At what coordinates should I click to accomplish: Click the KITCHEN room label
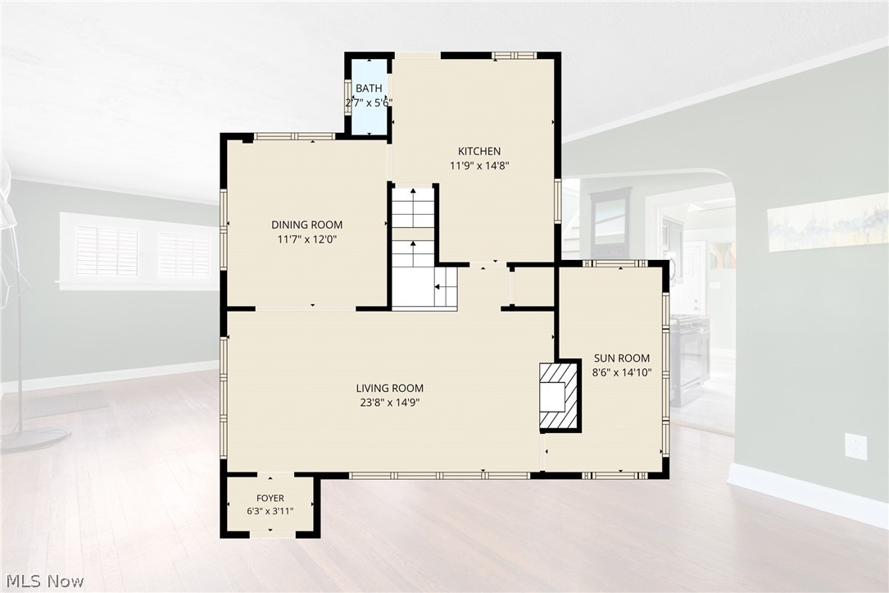point(479,151)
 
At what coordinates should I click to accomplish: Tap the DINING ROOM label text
point(306,225)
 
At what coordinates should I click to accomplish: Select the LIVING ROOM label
point(389,388)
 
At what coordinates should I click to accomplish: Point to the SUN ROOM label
point(621,358)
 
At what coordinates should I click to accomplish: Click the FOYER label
point(270,498)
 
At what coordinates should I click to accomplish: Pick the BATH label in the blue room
point(369,89)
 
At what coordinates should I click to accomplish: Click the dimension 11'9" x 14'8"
point(479,166)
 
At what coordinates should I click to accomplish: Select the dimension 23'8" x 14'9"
point(389,403)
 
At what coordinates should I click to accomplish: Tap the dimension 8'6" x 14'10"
point(622,373)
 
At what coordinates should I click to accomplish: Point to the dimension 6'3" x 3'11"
point(270,511)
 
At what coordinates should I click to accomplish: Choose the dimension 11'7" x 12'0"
point(306,239)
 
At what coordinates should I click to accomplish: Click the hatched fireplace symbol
point(559,395)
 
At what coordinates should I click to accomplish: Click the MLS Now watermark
point(45,581)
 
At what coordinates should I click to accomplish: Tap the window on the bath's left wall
point(348,98)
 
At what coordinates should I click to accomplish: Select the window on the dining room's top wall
point(294,136)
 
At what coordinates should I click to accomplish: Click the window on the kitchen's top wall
point(514,55)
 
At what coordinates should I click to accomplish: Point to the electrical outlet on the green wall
point(855,445)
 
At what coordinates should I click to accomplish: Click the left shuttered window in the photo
point(107,251)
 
